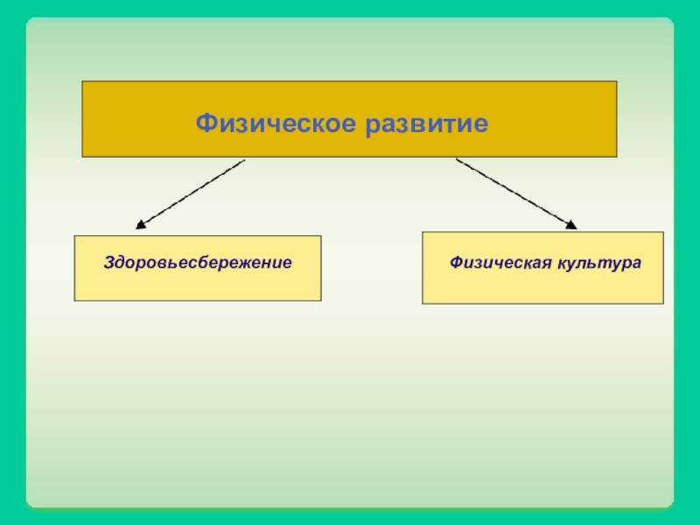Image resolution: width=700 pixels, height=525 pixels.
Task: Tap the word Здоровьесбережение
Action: tap(198, 262)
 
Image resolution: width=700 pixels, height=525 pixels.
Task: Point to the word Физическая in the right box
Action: tap(498, 262)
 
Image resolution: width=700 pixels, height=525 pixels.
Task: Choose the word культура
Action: tap(597, 262)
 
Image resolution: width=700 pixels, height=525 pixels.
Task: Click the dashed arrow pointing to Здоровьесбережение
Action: tap(191, 193)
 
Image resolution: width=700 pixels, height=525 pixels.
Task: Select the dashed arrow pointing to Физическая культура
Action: tap(516, 193)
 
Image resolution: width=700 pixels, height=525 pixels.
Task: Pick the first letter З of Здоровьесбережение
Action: tap(108, 262)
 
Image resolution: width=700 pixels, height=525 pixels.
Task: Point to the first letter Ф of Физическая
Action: tap(456, 262)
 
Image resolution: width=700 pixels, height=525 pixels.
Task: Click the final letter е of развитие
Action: tap(480, 123)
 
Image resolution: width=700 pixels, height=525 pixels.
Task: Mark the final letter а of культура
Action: tap(637, 263)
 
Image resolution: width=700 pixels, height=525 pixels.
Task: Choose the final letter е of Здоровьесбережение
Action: tap(287, 263)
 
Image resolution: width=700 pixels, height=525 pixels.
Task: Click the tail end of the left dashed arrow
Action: tap(244, 160)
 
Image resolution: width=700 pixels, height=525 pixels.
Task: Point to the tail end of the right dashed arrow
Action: tap(457, 160)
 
